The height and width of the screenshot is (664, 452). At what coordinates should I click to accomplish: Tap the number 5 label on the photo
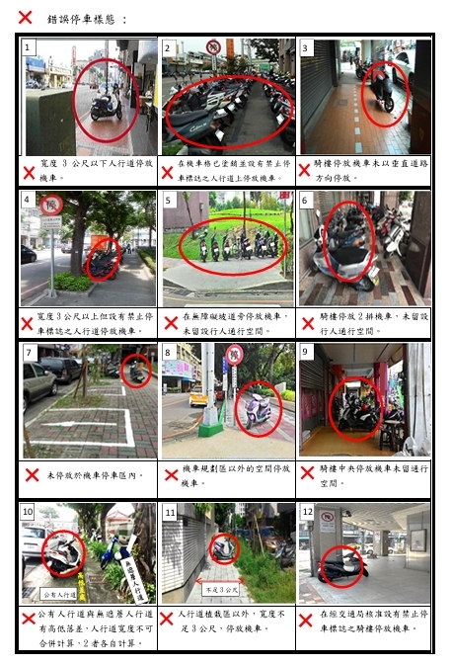[169, 201]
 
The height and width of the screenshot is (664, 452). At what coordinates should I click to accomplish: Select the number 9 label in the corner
[307, 352]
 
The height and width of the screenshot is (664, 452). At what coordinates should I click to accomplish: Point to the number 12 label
[308, 512]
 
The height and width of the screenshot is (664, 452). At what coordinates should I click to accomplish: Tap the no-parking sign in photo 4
[50, 206]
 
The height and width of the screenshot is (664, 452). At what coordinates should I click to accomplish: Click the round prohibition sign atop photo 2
[213, 46]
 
